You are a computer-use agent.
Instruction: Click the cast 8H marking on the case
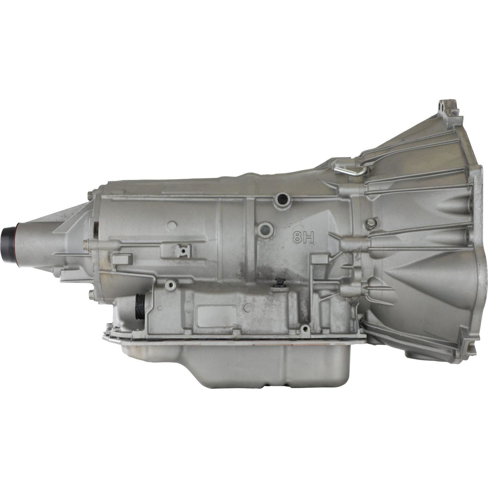point(303,237)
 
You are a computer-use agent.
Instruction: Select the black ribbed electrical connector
point(140,304)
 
